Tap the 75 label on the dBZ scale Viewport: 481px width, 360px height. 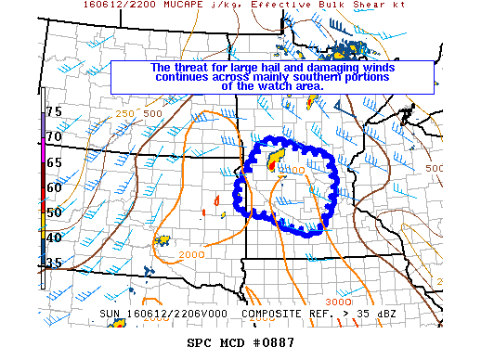tap(54, 111)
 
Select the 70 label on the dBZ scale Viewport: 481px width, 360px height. tap(54, 136)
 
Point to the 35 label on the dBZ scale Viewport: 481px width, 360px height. tap(54, 263)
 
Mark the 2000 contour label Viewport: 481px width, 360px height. tap(191, 254)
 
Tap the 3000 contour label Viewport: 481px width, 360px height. tap(340, 302)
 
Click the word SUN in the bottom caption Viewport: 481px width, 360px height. tap(110, 314)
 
